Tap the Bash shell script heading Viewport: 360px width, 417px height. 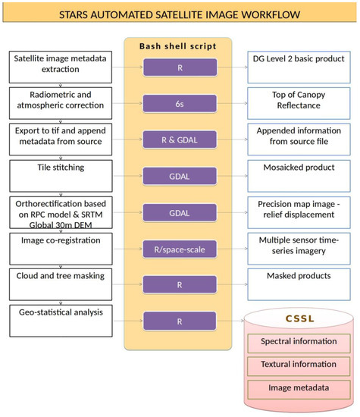pos(177,47)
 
